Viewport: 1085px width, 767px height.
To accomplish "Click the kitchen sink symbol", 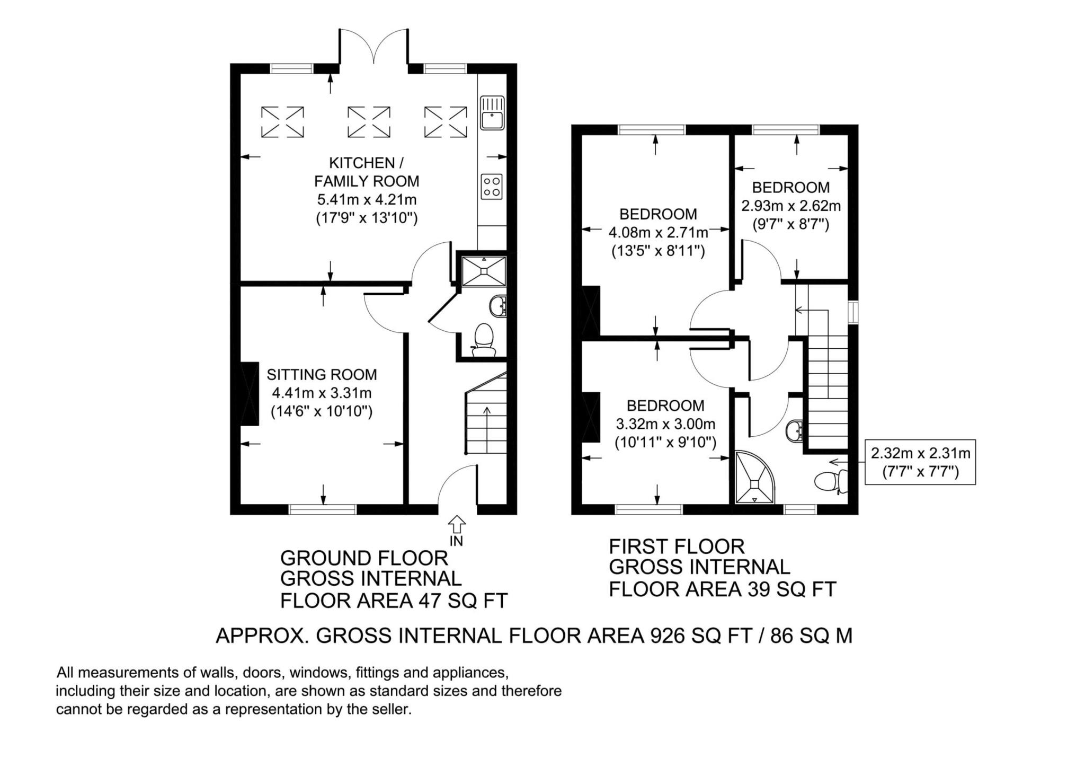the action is pos(492,113).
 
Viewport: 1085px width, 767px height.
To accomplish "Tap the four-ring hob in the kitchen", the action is pos(492,187).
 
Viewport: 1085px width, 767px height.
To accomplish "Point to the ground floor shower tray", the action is pos(484,271).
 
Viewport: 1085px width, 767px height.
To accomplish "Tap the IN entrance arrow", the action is pos(457,525).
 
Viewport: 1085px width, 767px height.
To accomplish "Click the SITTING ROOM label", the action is pos(322,375).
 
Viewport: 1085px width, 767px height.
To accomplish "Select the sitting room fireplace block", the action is pos(250,393).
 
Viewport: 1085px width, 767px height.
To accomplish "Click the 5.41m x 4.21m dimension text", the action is pos(367,200).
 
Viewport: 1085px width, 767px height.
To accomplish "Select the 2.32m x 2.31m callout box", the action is pos(920,462).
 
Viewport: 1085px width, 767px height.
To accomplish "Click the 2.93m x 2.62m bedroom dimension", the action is pos(790,206).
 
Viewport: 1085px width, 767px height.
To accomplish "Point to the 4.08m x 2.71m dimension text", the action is pos(659,232).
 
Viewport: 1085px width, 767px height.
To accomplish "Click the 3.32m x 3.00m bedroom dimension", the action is pos(665,424).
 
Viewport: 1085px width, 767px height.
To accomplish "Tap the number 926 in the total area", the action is pos(671,636).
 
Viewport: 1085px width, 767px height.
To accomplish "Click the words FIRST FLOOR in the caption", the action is pos(677,546).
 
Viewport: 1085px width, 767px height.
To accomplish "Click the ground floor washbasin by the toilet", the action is pos(499,306).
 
